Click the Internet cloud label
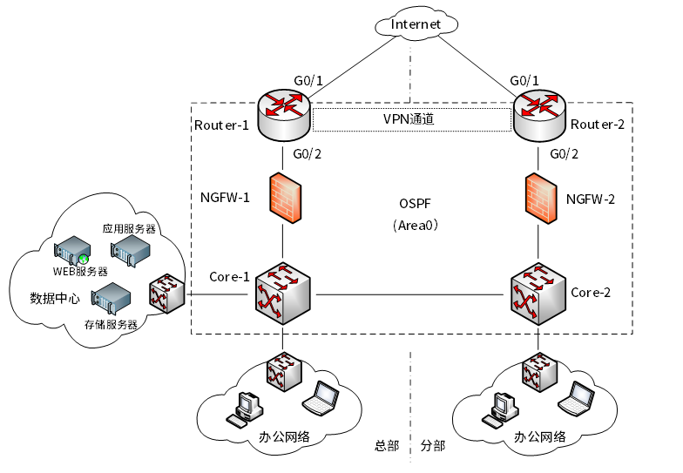(x=416, y=24)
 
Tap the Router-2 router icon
(x=540, y=115)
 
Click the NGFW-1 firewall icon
(x=285, y=199)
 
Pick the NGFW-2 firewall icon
(x=541, y=199)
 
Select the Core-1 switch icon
(x=282, y=293)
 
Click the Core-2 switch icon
(x=538, y=294)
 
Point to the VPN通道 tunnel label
(x=409, y=118)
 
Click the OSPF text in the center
(x=415, y=204)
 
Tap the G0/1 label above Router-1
(x=308, y=80)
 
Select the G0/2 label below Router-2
(x=565, y=153)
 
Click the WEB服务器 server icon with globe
(x=72, y=251)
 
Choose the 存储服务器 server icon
(x=111, y=299)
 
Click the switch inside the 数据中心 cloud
(x=167, y=294)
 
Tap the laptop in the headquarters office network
(x=321, y=397)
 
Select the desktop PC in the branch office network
(x=500, y=409)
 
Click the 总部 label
(x=387, y=446)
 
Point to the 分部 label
(x=433, y=446)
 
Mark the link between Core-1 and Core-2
(x=409, y=294)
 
